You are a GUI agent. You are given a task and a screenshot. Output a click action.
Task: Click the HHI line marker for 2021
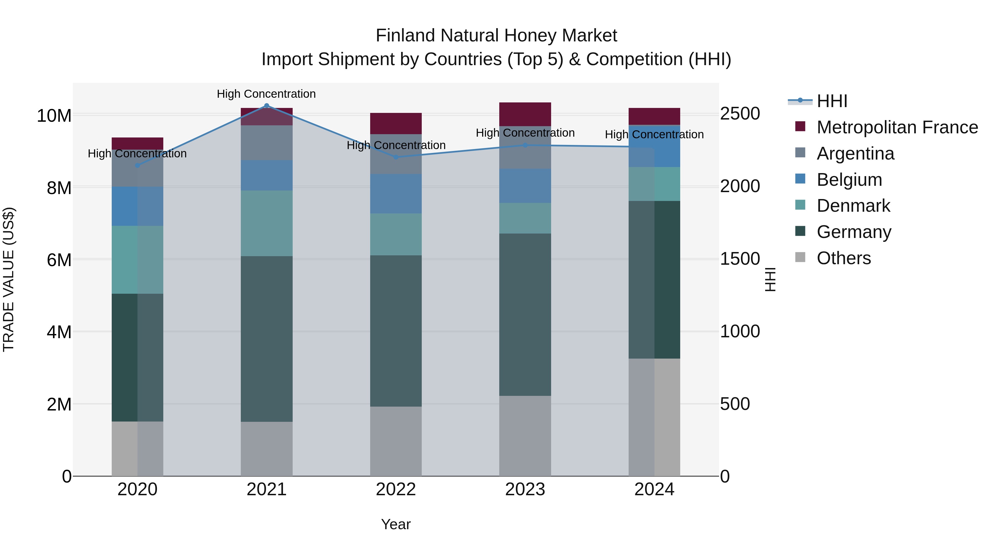(266, 106)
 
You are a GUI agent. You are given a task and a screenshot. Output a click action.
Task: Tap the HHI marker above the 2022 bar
(396, 157)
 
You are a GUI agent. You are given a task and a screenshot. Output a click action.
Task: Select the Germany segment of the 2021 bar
(266, 339)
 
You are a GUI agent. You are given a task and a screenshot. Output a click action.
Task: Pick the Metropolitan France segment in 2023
(525, 114)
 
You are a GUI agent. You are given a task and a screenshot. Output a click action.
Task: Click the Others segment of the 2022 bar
(396, 441)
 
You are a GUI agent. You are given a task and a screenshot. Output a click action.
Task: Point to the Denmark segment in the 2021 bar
(266, 223)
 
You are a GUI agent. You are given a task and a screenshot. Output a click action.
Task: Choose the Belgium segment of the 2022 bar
(396, 194)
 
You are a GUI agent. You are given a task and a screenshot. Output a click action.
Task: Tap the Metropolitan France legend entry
(897, 127)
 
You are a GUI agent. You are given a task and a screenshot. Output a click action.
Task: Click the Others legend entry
(843, 258)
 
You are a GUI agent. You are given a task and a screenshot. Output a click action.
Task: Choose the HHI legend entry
(832, 101)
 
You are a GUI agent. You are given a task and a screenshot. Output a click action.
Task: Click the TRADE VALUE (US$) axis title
(9, 279)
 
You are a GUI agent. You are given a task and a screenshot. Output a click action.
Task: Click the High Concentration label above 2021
(266, 94)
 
